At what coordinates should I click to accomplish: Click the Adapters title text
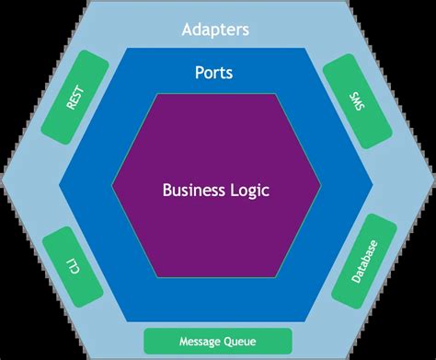[217, 29]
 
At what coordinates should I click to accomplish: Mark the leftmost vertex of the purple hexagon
[112, 184]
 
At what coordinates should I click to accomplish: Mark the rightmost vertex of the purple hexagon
[322, 184]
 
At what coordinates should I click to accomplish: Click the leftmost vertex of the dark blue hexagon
[59, 184]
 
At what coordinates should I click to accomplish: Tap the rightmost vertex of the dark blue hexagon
[375, 184]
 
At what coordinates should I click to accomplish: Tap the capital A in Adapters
[187, 29]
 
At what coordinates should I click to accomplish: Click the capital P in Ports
[200, 71]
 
